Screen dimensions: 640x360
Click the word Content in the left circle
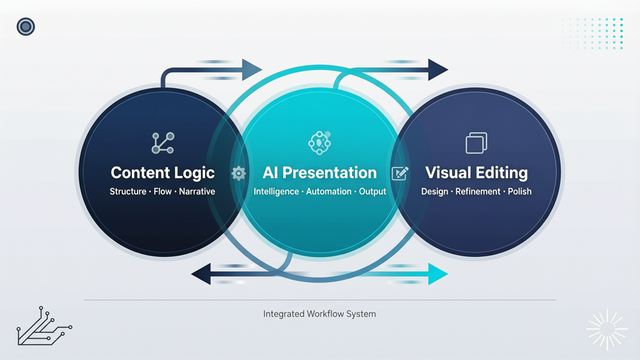click(135, 172)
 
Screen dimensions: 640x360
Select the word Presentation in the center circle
click(329, 172)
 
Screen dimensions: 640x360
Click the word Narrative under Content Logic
click(197, 191)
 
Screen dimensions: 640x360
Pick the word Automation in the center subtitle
click(329, 191)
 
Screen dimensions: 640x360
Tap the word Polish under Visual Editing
click(519, 191)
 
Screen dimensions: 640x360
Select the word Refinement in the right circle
click(478, 191)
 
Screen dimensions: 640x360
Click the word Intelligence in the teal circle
click(276, 191)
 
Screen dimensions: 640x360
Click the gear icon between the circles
click(239, 174)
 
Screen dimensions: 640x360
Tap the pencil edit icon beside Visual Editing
click(400, 174)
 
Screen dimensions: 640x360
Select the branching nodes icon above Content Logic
click(163, 143)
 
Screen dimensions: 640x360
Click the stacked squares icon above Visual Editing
click(476, 143)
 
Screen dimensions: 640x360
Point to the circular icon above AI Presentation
click(319, 143)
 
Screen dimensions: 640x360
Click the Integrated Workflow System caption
click(319, 314)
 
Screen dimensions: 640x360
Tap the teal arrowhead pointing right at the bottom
click(438, 274)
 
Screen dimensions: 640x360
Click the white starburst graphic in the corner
click(607, 330)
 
